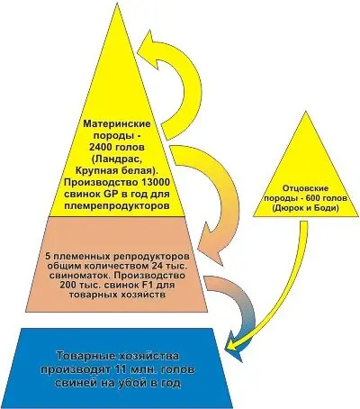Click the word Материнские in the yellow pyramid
(x=117, y=124)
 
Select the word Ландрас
(x=118, y=159)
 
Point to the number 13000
(x=156, y=182)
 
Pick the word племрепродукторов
(x=118, y=206)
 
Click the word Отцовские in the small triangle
(x=306, y=188)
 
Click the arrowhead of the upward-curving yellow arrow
(x=150, y=42)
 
